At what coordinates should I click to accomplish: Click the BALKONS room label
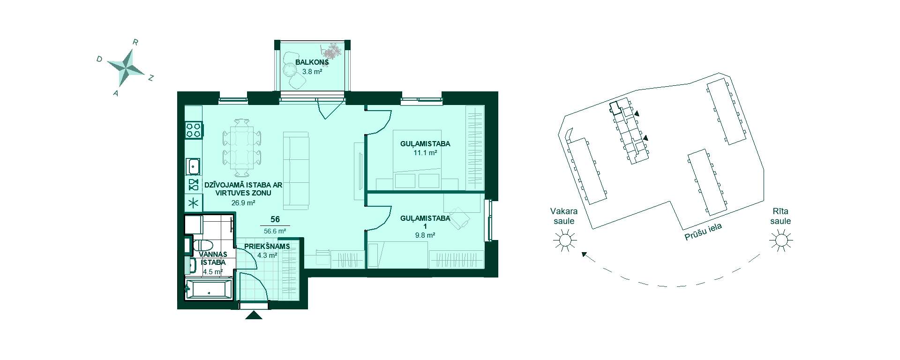point(312,62)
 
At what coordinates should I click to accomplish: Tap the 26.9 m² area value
point(243,203)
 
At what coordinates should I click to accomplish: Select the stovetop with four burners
point(194,129)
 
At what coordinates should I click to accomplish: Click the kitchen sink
point(193,166)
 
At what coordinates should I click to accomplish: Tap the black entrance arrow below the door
point(254,315)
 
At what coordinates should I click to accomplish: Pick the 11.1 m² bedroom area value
point(425,153)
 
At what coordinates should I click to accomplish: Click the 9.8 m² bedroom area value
point(425,235)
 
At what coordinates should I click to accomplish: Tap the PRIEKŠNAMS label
point(267,247)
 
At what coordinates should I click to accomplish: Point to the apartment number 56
point(275,219)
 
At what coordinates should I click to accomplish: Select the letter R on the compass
point(135,42)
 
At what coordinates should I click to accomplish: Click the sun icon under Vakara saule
point(564,240)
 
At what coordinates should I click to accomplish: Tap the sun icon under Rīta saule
point(781,240)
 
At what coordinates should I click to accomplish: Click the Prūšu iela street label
point(703,232)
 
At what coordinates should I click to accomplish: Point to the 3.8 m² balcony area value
point(312,72)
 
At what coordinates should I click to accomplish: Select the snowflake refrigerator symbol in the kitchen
point(194,203)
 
